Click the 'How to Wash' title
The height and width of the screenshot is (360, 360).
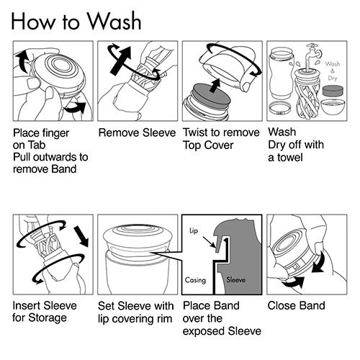coord(76,21)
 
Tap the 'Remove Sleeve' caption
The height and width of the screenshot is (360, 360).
coord(137,132)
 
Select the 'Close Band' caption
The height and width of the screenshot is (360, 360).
coord(297,306)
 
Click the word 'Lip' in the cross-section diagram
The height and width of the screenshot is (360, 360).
coord(194,230)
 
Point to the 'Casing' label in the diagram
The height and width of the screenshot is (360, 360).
coord(195,280)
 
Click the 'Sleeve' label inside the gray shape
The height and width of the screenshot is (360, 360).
coord(236,279)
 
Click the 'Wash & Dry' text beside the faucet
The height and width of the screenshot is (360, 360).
coord(333,71)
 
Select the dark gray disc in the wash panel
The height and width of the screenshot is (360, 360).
coord(333,91)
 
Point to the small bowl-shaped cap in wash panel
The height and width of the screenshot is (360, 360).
coord(333,107)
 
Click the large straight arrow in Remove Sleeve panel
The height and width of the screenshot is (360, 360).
coord(121,60)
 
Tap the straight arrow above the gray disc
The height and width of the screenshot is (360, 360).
coord(215,85)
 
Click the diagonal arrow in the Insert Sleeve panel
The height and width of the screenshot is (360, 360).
coord(81,236)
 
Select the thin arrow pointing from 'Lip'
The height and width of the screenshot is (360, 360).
coord(209,242)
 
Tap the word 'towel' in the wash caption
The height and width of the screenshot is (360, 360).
coord(290,158)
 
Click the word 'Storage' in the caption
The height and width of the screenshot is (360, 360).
coord(48,318)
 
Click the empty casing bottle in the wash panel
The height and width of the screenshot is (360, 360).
coord(282,73)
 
